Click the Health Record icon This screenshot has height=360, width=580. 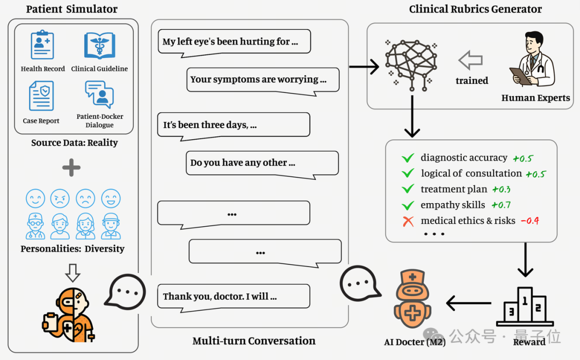point(42,46)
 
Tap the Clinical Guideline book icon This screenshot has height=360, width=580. point(99,46)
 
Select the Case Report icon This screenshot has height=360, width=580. point(41,96)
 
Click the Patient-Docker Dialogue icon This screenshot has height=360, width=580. point(99,95)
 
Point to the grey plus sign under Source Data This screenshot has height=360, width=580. point(71,168)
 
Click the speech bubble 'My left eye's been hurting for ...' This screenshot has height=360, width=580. point(234,42)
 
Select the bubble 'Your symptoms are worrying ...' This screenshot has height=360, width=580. point(263,80)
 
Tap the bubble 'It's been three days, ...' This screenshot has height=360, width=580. point(234,125)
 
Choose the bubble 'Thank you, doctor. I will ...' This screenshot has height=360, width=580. point(234,296)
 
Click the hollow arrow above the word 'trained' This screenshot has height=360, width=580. point(470,60)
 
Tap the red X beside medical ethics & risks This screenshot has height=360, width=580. point(408,221)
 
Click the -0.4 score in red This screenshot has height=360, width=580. point(530,221)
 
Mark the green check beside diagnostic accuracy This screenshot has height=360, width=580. point(408,158)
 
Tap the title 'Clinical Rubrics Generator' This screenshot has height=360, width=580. point(475,9)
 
